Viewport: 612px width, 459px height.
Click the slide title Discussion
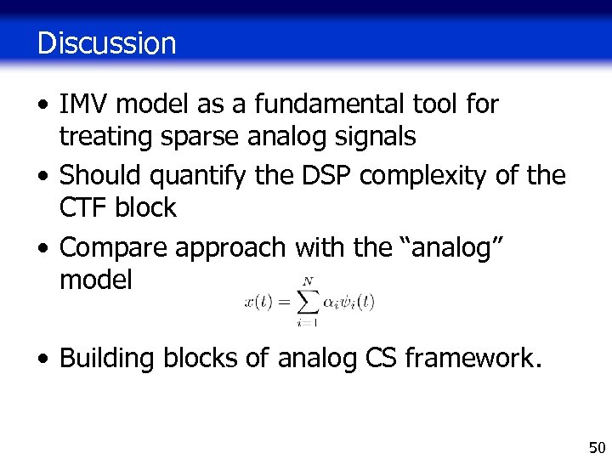pyautogui.click(x=106, y=42)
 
